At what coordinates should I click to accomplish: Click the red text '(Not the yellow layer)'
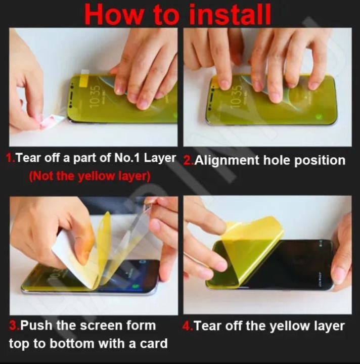coord(89,176)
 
